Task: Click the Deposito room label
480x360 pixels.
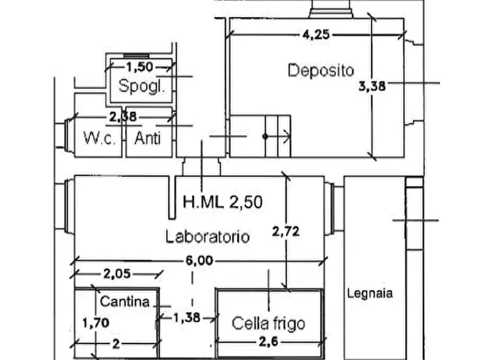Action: pos(321,70)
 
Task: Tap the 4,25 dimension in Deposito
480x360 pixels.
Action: pos(313,35)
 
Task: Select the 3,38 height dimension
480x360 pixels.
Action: pos(372,85)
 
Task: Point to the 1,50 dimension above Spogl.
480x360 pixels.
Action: pos(139,67)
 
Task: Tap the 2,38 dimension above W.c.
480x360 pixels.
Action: pos(123,116)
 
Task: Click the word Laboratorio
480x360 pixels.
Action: pos(207,236)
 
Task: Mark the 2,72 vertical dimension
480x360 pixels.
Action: pos(285,232)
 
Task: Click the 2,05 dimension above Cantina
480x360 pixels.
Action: pos(117,274)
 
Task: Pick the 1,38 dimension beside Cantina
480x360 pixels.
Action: pos(187,318)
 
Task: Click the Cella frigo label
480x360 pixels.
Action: pos(268,323)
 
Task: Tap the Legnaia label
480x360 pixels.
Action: pos(369,293)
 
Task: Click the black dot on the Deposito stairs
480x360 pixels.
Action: pos(265,136)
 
